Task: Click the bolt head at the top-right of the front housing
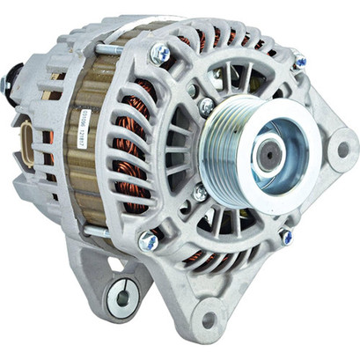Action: [299, 61]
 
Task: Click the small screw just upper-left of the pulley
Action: [206, 107]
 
